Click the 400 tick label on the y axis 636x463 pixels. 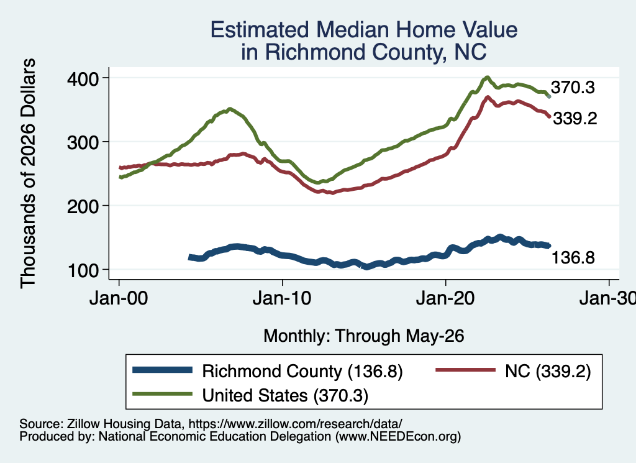83,79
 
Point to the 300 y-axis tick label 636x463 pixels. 83,142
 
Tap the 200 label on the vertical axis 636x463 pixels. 83,206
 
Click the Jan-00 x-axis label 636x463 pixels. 119,298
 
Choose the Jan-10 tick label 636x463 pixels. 282,298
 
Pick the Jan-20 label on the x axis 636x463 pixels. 445,298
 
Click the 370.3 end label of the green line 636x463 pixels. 573,88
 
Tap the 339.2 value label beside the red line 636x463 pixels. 575,119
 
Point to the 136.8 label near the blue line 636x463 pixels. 573,258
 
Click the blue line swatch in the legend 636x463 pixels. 162,370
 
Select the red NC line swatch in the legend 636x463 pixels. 465,370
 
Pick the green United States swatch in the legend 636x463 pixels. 162,393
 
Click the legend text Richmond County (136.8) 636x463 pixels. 302,371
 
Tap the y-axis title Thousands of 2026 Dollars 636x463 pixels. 28,173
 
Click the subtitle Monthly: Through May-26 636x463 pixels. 364,336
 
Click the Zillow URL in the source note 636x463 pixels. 295,424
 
